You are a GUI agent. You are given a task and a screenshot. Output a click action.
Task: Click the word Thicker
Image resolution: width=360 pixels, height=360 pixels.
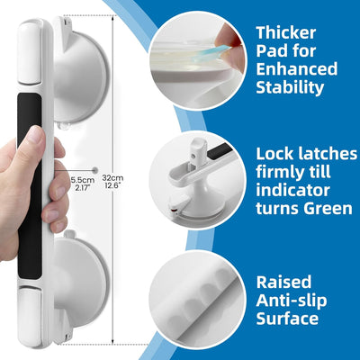coord(286,32)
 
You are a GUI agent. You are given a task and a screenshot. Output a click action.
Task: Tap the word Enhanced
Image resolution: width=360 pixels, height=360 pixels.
coord(297,69)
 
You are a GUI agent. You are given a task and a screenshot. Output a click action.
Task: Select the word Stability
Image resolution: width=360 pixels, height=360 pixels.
coord(290,87)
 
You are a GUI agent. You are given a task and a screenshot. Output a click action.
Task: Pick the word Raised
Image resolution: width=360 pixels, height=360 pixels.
coord(283,282)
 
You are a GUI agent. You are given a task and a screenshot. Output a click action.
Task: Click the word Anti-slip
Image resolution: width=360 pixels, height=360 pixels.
coord(292,301)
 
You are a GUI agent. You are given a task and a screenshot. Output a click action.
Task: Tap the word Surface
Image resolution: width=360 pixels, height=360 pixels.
coord(287,319)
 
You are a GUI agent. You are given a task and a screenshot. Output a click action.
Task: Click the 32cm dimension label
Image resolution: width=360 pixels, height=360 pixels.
coord(112,177)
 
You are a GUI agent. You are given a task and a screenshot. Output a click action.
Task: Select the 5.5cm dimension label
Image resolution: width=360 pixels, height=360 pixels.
coord(83,180)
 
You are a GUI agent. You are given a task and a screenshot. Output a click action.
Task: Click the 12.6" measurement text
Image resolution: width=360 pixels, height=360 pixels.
coord(112,185)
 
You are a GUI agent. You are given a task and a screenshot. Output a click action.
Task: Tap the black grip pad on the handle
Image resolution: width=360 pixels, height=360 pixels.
coord(30,186)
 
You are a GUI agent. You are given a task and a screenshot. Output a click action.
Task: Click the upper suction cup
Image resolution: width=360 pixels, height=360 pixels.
coord(79,72)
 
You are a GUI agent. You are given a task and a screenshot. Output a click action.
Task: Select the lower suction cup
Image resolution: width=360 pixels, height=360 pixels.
coord(80,287)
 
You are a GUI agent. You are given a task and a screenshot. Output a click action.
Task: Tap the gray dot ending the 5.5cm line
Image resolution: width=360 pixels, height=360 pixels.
coord(95,170)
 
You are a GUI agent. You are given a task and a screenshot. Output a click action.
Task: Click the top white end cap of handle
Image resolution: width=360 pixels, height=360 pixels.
coord(30,52)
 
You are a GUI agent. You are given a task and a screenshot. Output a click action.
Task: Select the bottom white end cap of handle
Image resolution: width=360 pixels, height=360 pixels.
coord(30,316)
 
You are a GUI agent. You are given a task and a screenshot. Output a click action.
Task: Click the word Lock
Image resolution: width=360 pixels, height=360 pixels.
coord(274,154)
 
